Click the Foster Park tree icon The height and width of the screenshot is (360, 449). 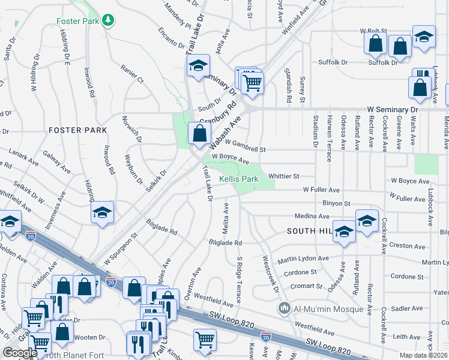[x=107, y=20]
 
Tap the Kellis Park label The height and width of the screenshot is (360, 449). [x=238, y=179]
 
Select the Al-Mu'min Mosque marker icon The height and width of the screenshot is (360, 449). [x=285, y=310]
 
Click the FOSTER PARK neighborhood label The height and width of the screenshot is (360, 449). [x=77, y=130]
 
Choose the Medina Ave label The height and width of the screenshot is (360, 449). [x=312, y=216]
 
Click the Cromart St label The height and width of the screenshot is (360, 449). [x=307, y=286]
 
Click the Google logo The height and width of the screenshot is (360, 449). [x=20, y=352]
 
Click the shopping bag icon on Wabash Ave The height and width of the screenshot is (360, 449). [x=199, y=133]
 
